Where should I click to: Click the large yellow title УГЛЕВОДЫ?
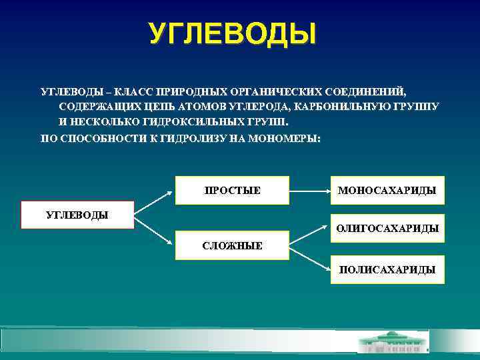pyautogui.click(x=232, y=34)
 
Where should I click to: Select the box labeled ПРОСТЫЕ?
pyautogui.click(x=232, y=191)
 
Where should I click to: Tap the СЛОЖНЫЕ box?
pyautogui.click(x=232, y=245)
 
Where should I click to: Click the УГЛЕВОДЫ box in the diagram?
pyautogui.click(x=77, y=215)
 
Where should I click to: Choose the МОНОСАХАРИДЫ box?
pyautogui.click(x=387, y=191)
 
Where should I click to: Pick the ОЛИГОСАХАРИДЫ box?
pyautogui.click(x=387, y=228)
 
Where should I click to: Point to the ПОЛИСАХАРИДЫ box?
pyautogui.click(x=387, y=269)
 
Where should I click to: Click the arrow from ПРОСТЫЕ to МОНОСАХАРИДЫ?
pyautogui.click(x=309, y=191)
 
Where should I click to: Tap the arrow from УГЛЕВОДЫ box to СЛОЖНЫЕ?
pyautogui.click(x=154, y=230)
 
